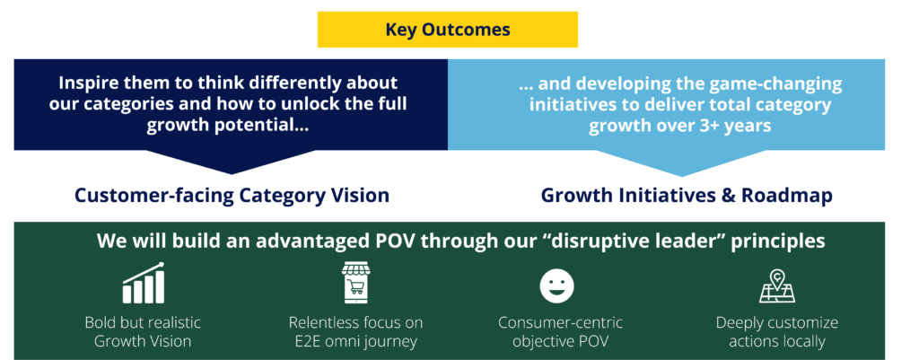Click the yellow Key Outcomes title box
click(x=448, y=30)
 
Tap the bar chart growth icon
click(x=144, y=283)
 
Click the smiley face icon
click(x=556, y=286)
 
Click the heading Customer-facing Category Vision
click(x=232, y=195)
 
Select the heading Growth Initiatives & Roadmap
click(x=687, y=195)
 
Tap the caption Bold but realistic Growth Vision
click(x=143, y=331)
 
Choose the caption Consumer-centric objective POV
click(x=560, y=331)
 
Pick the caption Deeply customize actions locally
click(x=777, y=332)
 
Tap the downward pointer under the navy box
click(x=232, y=162)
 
